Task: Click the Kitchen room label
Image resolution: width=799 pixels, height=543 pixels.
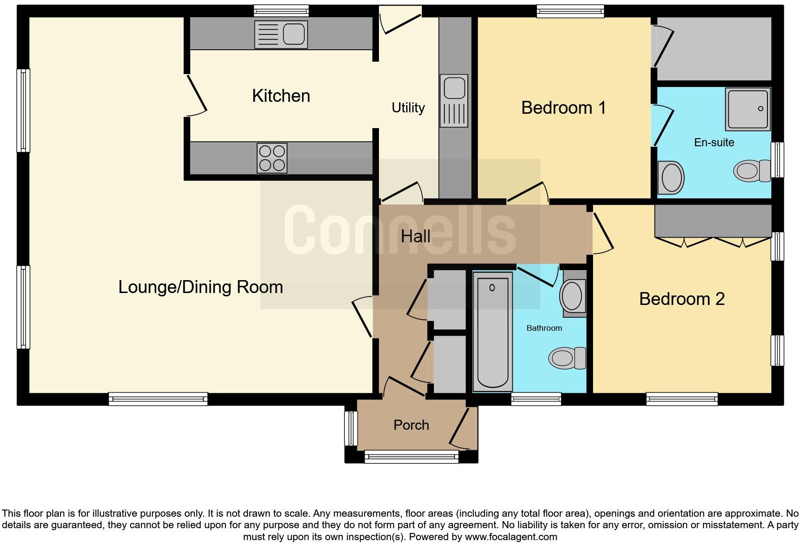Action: (x=281, y=96)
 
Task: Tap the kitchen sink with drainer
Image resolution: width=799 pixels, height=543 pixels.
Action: (x=281, y=34)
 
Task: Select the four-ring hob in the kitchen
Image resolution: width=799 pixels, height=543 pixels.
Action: (x=272, y=158)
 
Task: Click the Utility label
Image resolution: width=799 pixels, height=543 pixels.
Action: (x=408, y=108)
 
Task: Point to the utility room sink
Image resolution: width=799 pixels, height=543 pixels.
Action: (x=453, y=100)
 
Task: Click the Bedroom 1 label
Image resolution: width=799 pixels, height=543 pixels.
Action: (x=563, y=108)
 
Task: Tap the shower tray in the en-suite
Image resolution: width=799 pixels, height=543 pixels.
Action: (x=748, y=109)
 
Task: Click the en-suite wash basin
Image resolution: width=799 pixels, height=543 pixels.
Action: (x=671, y=177)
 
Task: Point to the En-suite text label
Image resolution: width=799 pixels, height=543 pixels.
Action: (x=714, y=142)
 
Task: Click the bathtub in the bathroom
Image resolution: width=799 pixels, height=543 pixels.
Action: (x=492, y=331)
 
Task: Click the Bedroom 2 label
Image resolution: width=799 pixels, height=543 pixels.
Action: (x=682, y=299)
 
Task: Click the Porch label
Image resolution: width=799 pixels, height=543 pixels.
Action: (x=411, y=425)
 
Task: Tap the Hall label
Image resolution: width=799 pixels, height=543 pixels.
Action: (x=415, y=236)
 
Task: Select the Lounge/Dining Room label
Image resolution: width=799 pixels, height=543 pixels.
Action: (x=201, y=287)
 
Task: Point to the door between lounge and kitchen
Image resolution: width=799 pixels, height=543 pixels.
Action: (x=196, y=96)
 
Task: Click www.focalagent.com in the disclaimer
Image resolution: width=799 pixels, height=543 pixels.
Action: (x=511, y=537)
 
